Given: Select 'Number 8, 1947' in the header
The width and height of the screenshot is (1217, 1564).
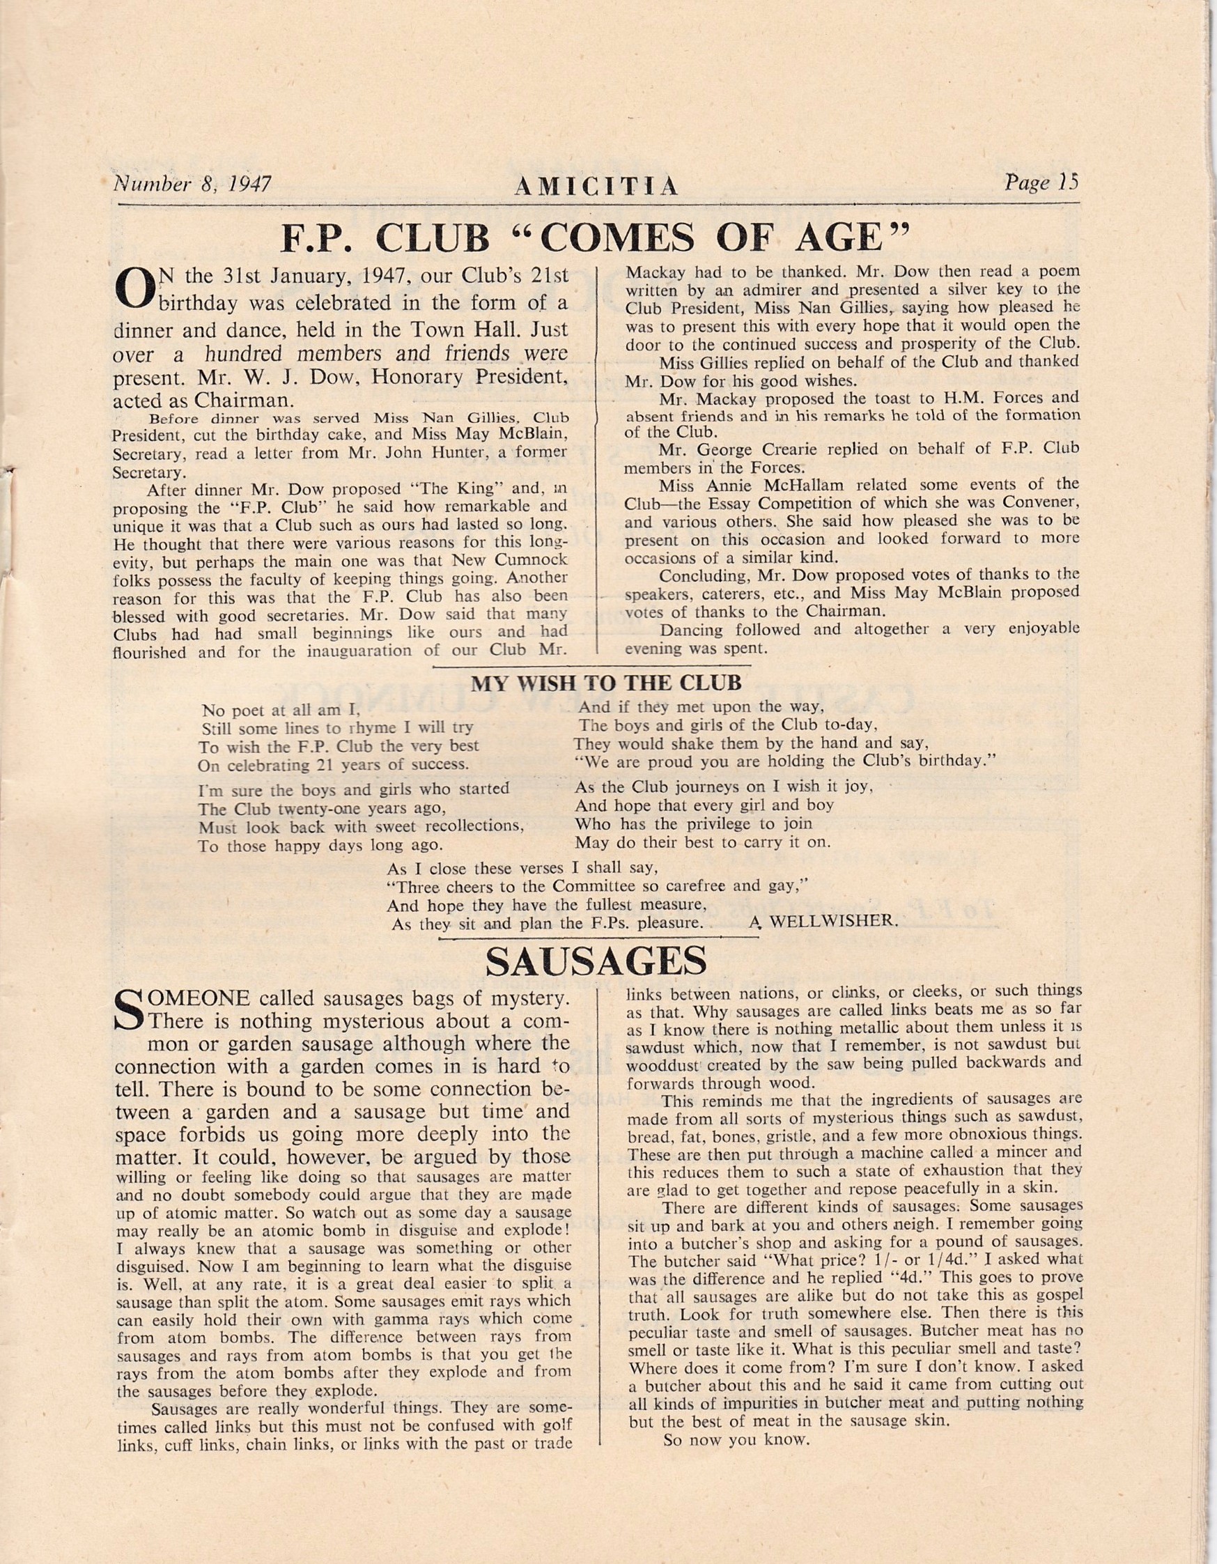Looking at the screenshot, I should (192, 184).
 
